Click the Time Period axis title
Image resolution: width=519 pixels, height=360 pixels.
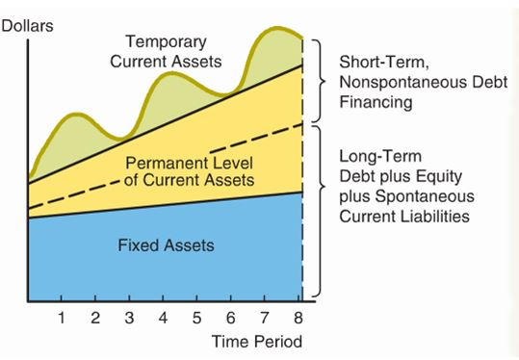257,342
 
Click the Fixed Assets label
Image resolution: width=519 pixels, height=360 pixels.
166,245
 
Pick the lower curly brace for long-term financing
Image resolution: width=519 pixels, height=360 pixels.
319,210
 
